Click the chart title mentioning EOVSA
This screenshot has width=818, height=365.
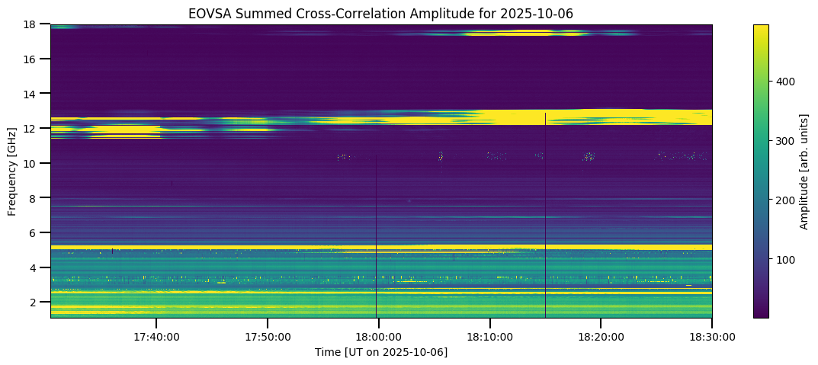pyautogui.click(x=380, y=13)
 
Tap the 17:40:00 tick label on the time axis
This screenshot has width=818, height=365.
pyautogui.click(x=156, y=336)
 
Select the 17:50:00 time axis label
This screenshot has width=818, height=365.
pyautogui.click(x=268, y=336)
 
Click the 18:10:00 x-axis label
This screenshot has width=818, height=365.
pyautogui.click(x=490, y=336)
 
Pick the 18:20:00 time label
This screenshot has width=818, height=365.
pyautogui.click(x=601, y=336)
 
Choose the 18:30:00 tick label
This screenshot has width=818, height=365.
pyautogui.click(x=712, y=336)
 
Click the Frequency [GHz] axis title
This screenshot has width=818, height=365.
pyautogui.click(x=13, y=171)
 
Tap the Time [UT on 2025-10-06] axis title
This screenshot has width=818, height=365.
pyautogui.click(x=380, y=352)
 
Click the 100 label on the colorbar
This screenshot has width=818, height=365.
pyautogui.click(x=786, y=260)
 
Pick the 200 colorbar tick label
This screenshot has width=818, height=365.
pyautogui.click(x=786, y=200)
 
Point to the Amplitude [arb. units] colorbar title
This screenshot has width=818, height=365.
pyautogui.click(x=804, y=171)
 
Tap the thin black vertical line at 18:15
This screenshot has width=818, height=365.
pyautogui.click(x=545, y=229)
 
